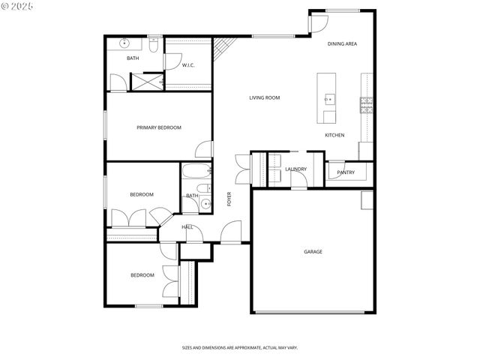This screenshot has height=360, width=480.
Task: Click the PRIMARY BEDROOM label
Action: point(159,127)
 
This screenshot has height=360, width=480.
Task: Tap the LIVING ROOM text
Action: point(265,97)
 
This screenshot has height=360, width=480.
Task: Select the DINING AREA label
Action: point(342,44)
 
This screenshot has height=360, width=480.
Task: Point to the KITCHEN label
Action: point(334,135)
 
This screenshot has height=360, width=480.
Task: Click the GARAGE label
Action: point(313,251)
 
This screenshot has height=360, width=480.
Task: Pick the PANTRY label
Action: point(346,172)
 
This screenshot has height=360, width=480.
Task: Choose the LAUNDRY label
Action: point(295,169)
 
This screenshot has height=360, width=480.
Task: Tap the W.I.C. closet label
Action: point(188,65)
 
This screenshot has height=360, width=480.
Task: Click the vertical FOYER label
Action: point(229,199)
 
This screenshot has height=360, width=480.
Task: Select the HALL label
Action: point(187,226)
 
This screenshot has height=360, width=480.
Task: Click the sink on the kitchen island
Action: point(328,98)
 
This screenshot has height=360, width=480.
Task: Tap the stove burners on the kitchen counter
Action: point(367,105)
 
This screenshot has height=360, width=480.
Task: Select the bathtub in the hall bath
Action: point(196,173)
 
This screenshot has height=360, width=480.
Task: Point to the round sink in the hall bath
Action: point(205,202)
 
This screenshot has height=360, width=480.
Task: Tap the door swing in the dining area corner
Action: point(316,22)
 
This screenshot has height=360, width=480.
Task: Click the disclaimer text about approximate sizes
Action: point(240,348)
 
